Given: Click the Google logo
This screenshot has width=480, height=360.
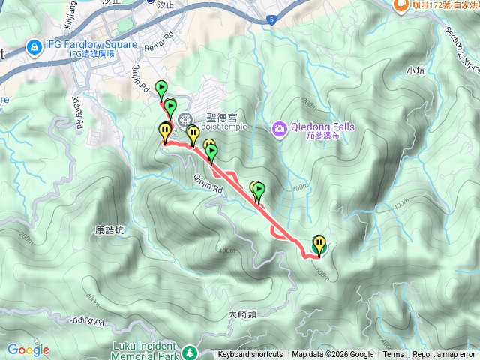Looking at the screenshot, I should point(28,349).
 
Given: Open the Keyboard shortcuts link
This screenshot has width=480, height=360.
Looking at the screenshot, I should point(250,355).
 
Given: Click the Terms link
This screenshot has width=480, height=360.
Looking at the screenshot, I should point(393,355).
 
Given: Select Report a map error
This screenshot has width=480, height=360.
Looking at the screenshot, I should point(444,355).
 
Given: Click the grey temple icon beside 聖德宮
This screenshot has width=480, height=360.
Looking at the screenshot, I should point(184,118).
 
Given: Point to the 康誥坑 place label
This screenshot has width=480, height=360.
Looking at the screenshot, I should point(109,231).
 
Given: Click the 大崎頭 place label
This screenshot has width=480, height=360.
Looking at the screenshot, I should point(242,315).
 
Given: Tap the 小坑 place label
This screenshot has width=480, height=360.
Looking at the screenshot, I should point(415,70).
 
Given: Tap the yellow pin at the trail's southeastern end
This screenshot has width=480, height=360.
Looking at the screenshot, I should point(320,244).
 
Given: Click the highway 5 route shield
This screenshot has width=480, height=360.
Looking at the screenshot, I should point(270,20).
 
